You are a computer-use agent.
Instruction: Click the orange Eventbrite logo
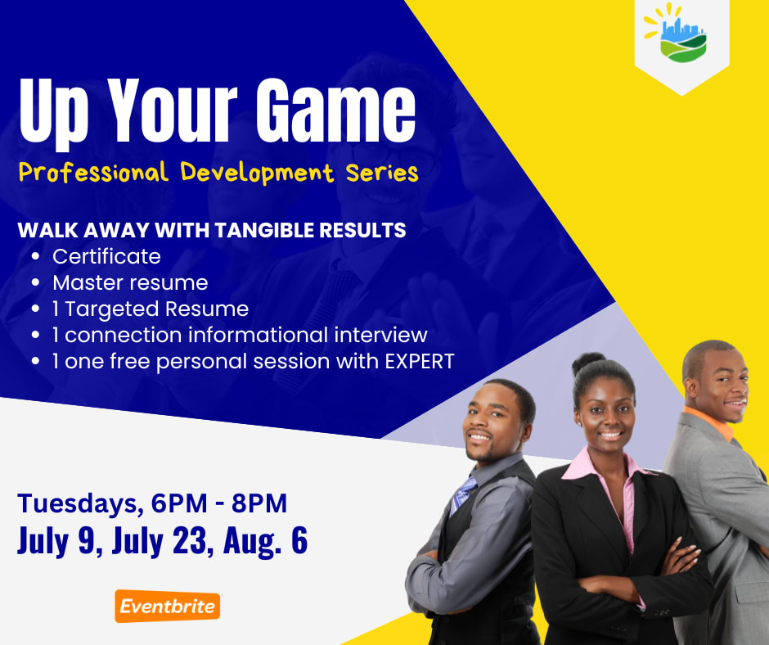tap(167, 606)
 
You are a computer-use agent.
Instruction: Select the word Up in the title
tap(53, 114)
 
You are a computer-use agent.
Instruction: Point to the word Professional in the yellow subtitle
tap(93, 173)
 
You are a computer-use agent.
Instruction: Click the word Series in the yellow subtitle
tap(382, 173)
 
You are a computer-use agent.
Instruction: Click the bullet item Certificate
tap(106, 256)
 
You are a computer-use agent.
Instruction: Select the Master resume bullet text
tap(130, 282)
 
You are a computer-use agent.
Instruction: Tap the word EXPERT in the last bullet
tap(420, 361)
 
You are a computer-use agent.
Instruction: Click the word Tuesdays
tap(77, 504)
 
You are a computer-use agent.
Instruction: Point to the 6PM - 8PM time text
tap(218, 503)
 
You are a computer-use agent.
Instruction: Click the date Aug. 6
tap(265, 541)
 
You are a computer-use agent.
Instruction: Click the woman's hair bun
tap(588, 363)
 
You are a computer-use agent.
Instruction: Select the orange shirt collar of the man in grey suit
tap(710, 422)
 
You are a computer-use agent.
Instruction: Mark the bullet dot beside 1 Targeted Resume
tap(35, 309)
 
